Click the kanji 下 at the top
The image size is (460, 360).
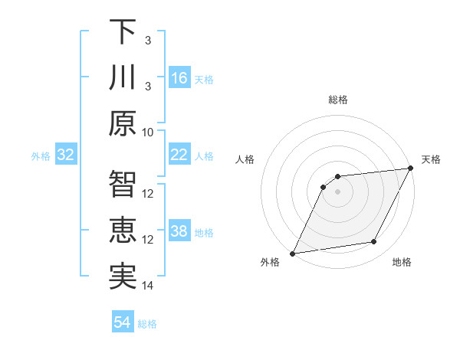point(123,32)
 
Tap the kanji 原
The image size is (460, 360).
point(123,123)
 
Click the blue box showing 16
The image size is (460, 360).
point(179,77)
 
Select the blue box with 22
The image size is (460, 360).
point(179,155)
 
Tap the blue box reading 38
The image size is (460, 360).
point(179,232)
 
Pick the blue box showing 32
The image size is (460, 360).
point(66,155)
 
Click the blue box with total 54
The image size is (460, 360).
point(123,322)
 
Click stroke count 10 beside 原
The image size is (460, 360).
point(149,132)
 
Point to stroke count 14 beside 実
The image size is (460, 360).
point(149,286)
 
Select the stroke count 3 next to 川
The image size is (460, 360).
point(148,86)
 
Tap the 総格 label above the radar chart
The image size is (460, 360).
point(338,100)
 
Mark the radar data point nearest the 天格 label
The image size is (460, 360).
point(411,169)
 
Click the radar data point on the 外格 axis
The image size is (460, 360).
point(292,254)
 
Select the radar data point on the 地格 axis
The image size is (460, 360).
point(374,242)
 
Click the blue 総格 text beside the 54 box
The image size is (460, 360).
point(147,324)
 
